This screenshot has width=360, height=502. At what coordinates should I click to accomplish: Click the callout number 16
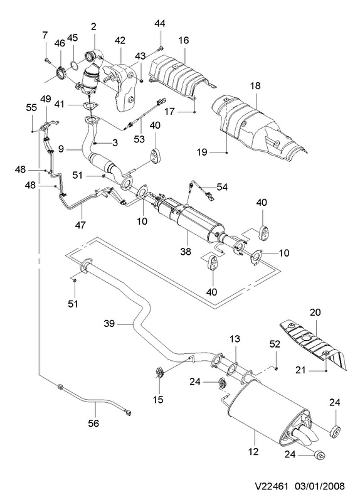tap(184, 40)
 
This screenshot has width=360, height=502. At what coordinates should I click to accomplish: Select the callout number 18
tap(255, 86)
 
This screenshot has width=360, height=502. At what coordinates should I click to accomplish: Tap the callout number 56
tap(93, 423)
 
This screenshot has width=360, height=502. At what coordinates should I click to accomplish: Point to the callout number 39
tap(109, 324)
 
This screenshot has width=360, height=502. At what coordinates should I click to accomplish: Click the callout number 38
tap(186, 252)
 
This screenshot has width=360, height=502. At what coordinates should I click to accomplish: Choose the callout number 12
tap(253, 452)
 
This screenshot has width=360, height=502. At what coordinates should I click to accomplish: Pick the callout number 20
tap(315, 312)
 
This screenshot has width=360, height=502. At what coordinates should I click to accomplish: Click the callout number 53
tap(139, 139)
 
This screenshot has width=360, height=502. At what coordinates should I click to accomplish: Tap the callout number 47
tap(81, 225)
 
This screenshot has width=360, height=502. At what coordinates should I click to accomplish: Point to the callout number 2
tap(93, 27)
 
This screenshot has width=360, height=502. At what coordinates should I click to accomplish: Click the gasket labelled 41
tap(90, 105)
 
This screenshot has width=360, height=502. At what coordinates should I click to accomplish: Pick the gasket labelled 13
tap(232, 368)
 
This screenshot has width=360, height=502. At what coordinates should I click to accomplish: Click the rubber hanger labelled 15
tap(160, 373)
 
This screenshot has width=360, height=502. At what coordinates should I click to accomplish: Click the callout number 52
tap(275, 344)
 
